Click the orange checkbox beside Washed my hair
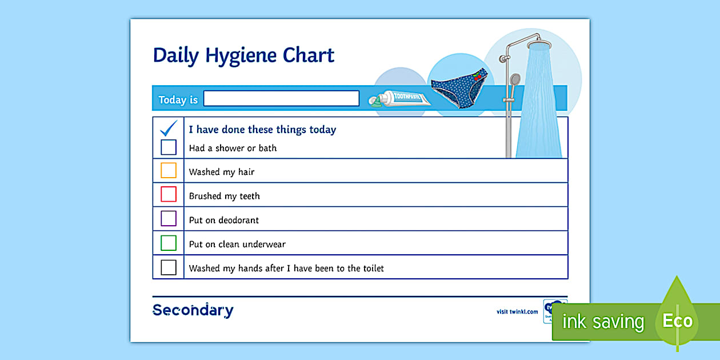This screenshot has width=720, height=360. [169, 170]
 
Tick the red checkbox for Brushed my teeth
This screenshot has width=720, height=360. [169, 194]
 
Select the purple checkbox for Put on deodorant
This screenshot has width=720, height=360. [169, 218]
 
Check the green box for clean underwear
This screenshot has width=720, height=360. [169, 243]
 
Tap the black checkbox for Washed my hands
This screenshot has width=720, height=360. [169, 267]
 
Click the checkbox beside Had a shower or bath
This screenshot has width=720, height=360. [169, 147]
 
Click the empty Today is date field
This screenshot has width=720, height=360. [281, 98]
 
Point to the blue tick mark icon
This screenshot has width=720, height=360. [169, 128]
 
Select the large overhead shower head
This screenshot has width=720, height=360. [539, 44]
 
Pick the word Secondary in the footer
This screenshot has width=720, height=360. [193, 310]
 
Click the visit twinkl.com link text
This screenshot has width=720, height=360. [517, 311]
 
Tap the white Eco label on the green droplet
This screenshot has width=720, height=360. [677, 321]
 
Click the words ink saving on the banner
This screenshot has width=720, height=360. [603, 322]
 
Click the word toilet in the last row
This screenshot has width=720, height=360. [373, 268]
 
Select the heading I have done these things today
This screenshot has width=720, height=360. [262, 130]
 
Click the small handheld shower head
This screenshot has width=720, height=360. [515, 79]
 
